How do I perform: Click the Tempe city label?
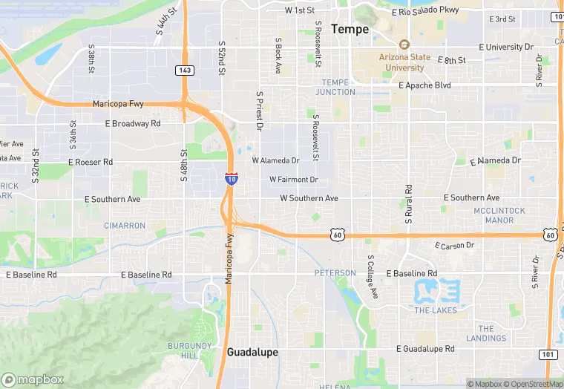pos(349,29)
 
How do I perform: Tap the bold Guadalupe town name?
pos(252,352)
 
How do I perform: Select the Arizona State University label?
pos(404,62)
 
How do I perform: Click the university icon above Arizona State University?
pos(404,45)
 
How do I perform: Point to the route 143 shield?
pos(186,70)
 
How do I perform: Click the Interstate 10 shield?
pos(232,178)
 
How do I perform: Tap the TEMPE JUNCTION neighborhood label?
pos(335,87)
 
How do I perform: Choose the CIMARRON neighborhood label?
pos(125,225)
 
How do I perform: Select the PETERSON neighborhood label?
pos(335,273)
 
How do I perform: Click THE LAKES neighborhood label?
pos(435,310)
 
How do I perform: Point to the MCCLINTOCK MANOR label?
pos(499,215)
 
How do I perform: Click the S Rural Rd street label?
pos(408,204)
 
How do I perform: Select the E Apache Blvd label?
pos(424,85)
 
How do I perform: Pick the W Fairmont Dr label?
pos(293,180)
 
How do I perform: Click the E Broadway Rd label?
pos(133,123)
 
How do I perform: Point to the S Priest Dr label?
pos(260,111)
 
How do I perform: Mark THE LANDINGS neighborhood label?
pos(486,333)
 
